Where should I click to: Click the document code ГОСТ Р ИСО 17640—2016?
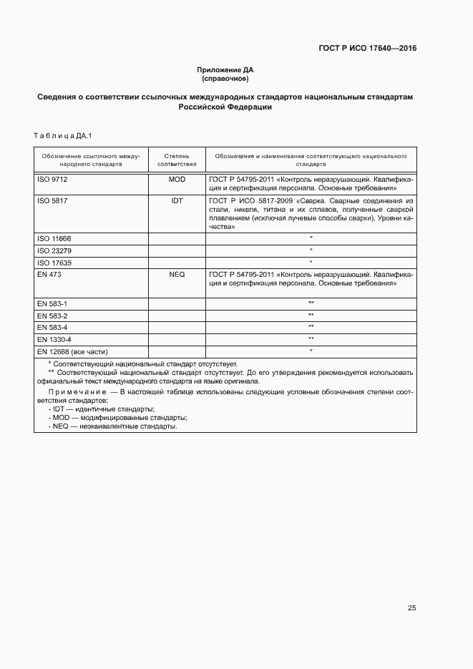(367, 49)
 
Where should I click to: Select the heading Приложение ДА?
(225, 70)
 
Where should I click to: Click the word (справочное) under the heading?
(225, 78)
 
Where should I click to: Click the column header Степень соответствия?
(176, 159)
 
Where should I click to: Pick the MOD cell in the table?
(177, 179)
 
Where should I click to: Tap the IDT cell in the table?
(177, 201)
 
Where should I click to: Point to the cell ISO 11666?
(54, 238)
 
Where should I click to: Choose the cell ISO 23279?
(54, 250)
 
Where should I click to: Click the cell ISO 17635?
(54, 263)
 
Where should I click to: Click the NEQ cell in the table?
(177, 275)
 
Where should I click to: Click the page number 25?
(411, 608)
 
